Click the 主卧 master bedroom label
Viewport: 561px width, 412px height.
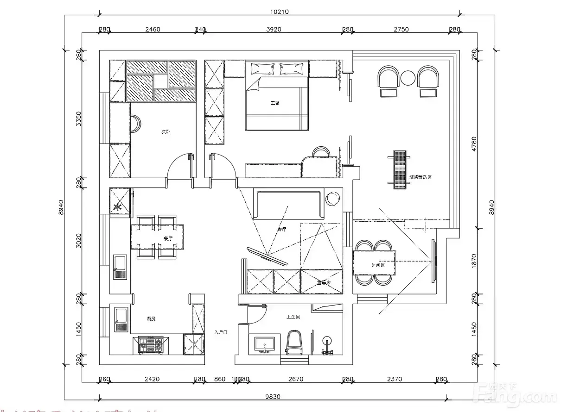tap(275, 103)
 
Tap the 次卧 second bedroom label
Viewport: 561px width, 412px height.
tap(166, 132)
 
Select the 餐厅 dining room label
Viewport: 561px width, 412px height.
tap(168, 238)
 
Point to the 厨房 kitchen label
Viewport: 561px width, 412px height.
tap(151, 318)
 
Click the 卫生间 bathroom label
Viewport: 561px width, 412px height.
tap(293, 317)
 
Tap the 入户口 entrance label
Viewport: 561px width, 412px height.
tap(221, 332)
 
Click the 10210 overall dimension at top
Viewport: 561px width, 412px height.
tap(279, 12)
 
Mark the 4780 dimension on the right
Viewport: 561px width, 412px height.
tap(474, 144)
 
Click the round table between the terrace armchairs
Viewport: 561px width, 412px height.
tap(408, 77)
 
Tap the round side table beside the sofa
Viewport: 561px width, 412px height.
tap(333, 199)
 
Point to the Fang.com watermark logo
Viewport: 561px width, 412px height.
tap(517, 394)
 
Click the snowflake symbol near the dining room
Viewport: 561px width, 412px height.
tap(118, 207)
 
